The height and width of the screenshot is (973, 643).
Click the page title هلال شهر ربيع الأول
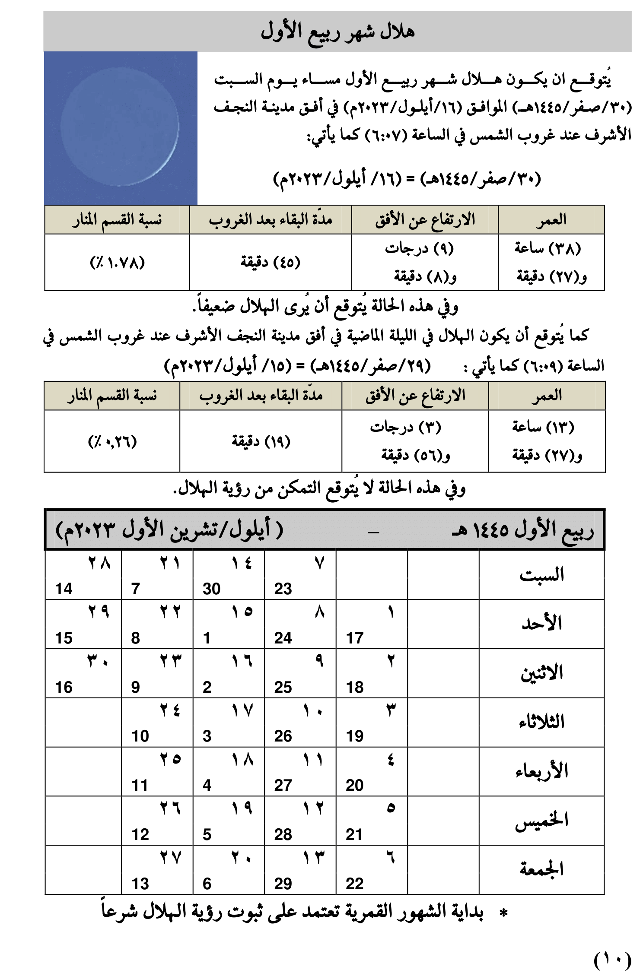click(337, 32)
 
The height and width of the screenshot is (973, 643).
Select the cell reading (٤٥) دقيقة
click(270, 262)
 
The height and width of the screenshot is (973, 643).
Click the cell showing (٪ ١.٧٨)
click(117, 262)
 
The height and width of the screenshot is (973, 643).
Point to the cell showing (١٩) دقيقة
click(261, 441)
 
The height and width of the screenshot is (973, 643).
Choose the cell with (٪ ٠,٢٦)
click(112, 441)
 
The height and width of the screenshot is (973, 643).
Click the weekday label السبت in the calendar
click(541, 575)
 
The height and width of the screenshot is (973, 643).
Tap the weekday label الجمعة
click(541, 869)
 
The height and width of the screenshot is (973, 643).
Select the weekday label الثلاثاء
click(541, 722)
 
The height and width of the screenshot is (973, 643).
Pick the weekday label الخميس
click(541, 820)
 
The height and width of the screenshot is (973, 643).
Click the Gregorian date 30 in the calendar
click(211, 589)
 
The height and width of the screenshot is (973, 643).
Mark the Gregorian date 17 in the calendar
click(355, 638)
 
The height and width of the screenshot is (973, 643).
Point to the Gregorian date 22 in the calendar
click(355, 884)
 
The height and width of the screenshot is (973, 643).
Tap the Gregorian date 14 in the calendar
click(64, 589)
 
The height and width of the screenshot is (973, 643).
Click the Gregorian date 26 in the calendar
click(283, 736)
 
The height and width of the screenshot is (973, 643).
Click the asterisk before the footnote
click(503, 913)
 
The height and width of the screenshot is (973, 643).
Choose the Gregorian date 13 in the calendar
click(140, 884)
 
